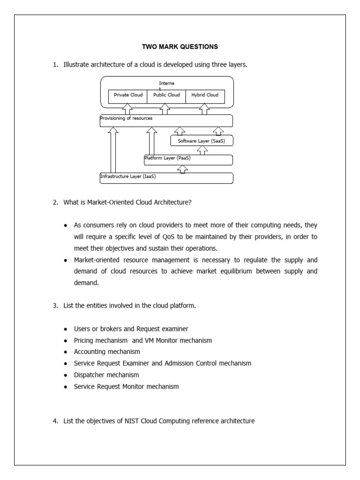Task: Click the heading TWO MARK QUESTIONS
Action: coord(180,47)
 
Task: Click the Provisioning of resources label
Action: coord(126,119)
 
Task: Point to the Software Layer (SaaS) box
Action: coord(202,141)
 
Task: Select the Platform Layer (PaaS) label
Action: coord(167,158)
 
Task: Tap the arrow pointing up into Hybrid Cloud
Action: coord(204,110)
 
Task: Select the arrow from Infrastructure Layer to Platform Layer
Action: coord(183,169)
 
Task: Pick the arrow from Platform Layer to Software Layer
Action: coord(202,150)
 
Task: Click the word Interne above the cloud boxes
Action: coord(166,83)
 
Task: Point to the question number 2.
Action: coord(55,202)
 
